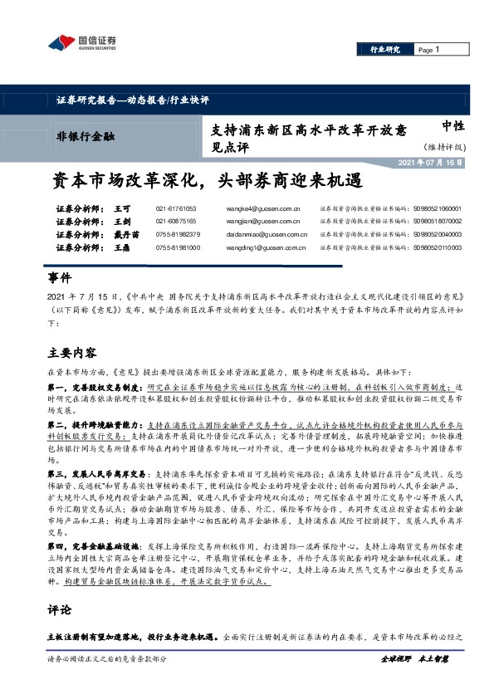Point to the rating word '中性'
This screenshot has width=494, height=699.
(x=452, y=126)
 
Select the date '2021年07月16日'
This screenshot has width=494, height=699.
(x=452, y=161)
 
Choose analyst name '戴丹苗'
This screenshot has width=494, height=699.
(x=126, y=235)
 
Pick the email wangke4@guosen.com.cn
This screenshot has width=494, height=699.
(x=262, y=208)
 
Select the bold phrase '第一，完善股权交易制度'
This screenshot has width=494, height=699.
(x=95, y=388)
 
